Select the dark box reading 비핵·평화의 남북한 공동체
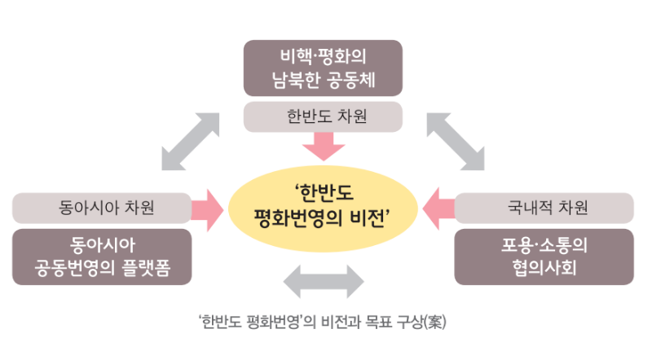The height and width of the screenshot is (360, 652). [323, 68]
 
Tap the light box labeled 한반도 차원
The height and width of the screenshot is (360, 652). [323, 116]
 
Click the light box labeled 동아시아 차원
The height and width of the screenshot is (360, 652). [102, 208]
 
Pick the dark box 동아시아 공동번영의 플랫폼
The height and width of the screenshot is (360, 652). [102, 257]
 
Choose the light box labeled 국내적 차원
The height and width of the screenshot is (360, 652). [544, 208]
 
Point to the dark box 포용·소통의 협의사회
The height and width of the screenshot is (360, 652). [544, 257]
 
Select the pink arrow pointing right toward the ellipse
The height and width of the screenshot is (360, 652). [209, 208]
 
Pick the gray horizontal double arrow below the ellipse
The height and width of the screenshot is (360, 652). [324, 282]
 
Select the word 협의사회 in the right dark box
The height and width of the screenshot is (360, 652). [544, 267]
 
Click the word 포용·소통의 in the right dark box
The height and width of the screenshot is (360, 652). [544, 245]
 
